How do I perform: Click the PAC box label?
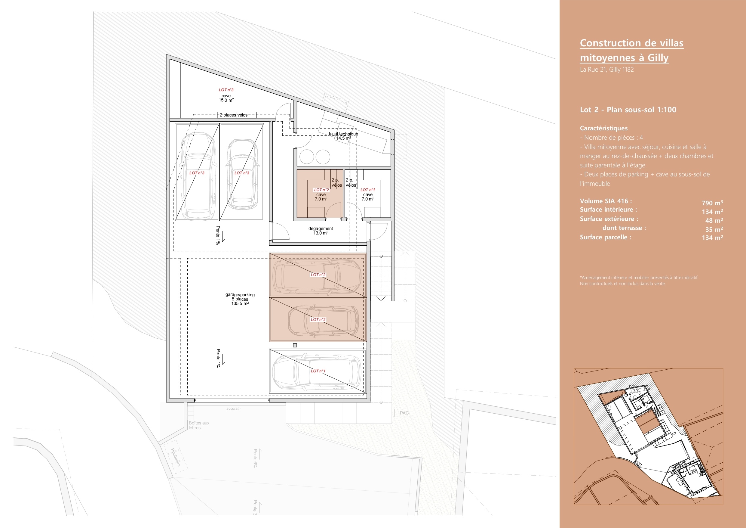click(404, 413)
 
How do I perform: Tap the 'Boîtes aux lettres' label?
click(199, 425)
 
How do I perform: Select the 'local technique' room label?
click(343, 134)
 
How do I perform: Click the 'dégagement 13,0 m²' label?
click(321, 231)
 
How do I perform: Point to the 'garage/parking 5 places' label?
click(240, 297)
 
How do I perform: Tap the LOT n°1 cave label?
click(368, 194)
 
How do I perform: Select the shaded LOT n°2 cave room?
click(320, 193)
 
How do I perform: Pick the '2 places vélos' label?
click(234, 115)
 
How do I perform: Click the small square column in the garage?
click(295, 345)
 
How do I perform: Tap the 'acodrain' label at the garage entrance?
click(233, 408)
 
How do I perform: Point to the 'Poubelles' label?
click(176, 457)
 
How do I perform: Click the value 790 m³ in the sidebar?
click(712, 203)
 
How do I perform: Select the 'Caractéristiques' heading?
click(604, 128)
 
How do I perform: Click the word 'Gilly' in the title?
click(658, 57)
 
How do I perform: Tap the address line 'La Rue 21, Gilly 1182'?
click(606, 69)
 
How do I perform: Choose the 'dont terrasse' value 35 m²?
click(714, 229)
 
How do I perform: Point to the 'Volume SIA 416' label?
click(606, 201)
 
